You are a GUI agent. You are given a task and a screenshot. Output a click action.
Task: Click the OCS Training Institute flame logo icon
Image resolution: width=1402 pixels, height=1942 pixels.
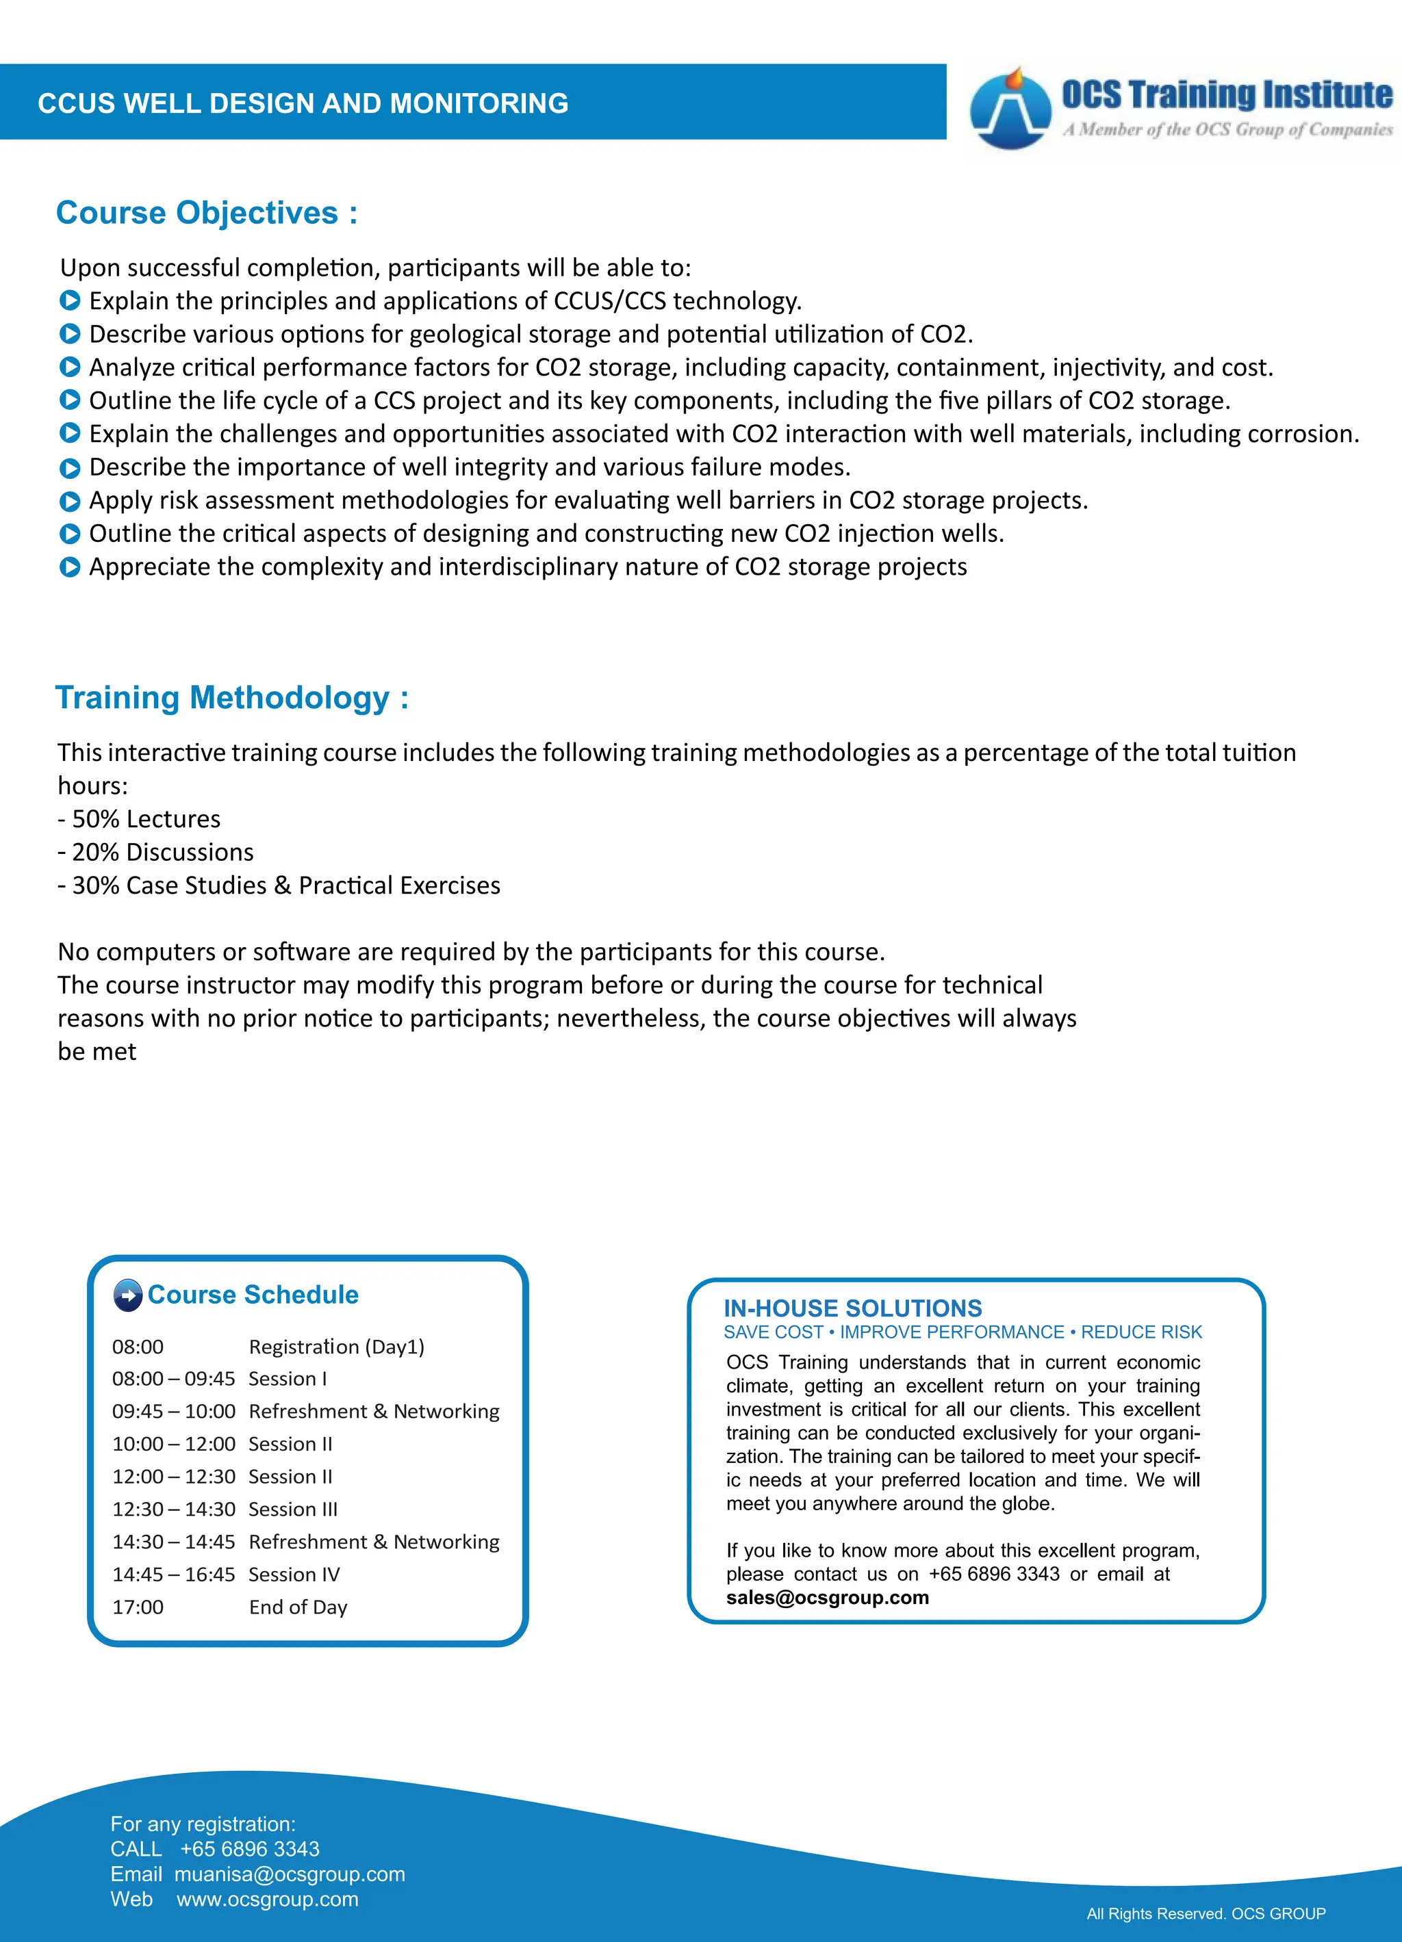1010,109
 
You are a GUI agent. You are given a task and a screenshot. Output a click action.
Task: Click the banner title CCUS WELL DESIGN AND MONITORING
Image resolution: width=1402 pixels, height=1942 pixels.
303,103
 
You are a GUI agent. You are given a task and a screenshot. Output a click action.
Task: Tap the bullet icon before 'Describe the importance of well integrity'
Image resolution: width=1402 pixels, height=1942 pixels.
71,468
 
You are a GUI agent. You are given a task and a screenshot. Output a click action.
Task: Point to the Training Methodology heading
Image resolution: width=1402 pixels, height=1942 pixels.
231,698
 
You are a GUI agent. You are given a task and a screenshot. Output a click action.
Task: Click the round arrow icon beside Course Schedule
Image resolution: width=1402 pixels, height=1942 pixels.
127,1295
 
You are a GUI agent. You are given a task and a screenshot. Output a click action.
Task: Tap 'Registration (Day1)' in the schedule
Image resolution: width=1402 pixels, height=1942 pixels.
337,1347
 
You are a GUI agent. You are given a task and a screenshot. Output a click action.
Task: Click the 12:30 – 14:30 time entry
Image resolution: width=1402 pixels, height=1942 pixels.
173,1510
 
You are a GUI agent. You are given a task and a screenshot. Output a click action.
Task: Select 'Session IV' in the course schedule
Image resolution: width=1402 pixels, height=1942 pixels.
294,1575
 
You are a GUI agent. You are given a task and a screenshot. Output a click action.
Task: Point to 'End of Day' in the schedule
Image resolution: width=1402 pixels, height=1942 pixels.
298,1607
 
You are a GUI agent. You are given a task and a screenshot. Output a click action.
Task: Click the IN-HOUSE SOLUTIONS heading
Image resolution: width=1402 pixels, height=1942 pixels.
852,1308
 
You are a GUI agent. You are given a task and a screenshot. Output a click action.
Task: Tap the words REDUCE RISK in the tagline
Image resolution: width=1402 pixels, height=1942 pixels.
1140,1332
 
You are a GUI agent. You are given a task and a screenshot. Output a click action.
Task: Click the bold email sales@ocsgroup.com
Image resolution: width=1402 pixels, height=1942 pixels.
828,1598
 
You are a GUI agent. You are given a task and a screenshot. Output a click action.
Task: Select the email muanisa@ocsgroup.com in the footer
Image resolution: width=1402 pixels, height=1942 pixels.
290,1874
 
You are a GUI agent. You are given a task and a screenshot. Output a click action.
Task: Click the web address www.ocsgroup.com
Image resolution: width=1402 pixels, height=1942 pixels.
267,1899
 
